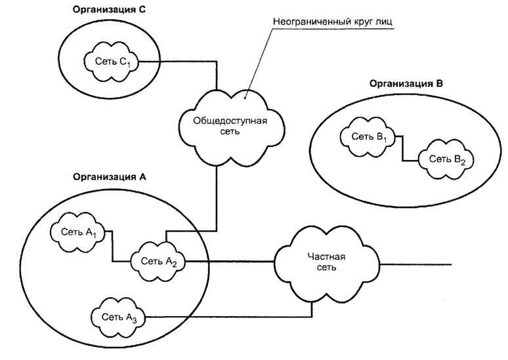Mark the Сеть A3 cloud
(119, 317)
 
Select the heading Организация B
(406, 83)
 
